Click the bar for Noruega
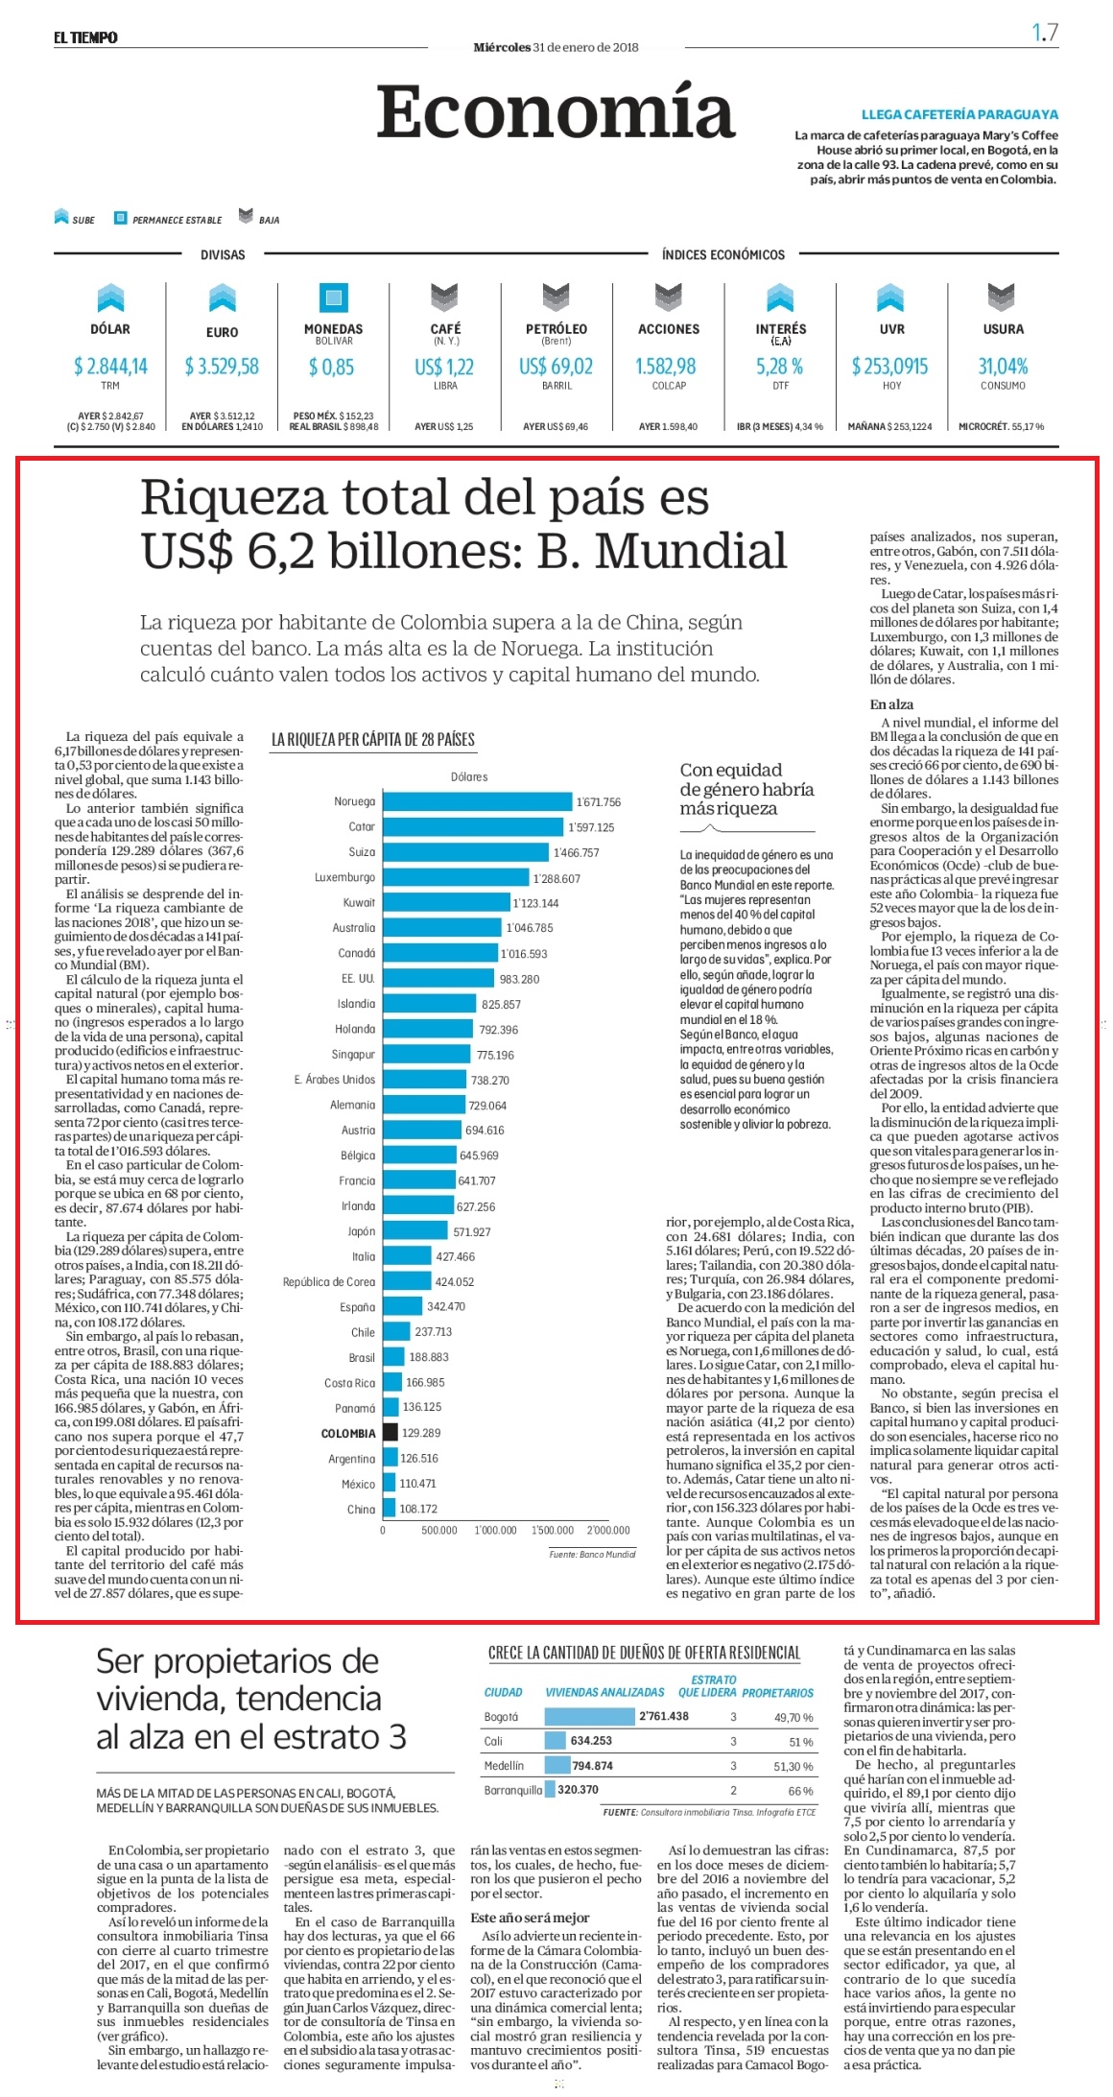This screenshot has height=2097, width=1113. click(478, 801)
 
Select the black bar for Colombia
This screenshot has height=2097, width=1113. click(390, 1432)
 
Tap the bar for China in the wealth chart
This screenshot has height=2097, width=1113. click(389, 1508)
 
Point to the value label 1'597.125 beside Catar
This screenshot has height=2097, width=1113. click(591, 827)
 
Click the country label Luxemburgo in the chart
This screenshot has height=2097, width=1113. click(345, 877)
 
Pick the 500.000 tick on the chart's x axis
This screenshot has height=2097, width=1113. click(439, 1530)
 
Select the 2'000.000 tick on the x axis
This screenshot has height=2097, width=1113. click(608, 1530)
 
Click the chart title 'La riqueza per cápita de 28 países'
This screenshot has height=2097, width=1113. click(373, 739)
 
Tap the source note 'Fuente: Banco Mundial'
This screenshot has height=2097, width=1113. click(592, 1554)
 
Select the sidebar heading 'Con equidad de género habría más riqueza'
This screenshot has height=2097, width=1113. click(746, 789)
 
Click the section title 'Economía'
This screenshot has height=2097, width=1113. click(556, 111)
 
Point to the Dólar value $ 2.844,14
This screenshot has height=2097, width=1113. click(110, 366)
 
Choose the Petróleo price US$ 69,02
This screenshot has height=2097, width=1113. click(556, 366)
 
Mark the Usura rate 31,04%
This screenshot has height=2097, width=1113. click(1003, 366)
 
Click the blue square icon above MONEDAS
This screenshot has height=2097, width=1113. click(334, 298)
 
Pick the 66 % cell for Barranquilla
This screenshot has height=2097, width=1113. click(800, 1791)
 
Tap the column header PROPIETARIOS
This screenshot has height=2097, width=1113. click(777, 1693)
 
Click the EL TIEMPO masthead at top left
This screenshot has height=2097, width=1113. click(85, 37)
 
